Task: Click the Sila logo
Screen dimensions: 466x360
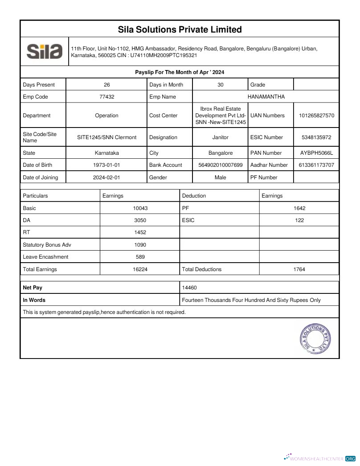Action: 44,51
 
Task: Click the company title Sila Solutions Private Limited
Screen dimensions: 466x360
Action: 180,29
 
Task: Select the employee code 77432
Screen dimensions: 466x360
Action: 106,97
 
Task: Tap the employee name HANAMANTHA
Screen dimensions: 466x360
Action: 266,97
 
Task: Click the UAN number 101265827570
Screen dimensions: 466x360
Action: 316,115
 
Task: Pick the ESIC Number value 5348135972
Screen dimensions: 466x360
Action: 316,137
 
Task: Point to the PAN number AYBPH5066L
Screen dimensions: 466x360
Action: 316,153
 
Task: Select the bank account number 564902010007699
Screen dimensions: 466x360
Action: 220,165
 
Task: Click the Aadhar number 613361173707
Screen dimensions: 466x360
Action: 316,165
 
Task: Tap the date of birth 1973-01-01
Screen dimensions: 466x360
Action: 106,165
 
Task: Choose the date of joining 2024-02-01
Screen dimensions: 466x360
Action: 106,177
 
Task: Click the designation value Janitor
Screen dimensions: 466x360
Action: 220,137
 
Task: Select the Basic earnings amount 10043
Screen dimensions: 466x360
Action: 140,208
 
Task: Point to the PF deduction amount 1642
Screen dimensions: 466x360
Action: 299,208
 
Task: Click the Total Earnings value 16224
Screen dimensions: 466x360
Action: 140,269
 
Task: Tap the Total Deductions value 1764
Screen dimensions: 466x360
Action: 299,269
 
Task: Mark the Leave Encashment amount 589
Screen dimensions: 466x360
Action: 140,257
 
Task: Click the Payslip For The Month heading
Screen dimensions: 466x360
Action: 180,72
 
